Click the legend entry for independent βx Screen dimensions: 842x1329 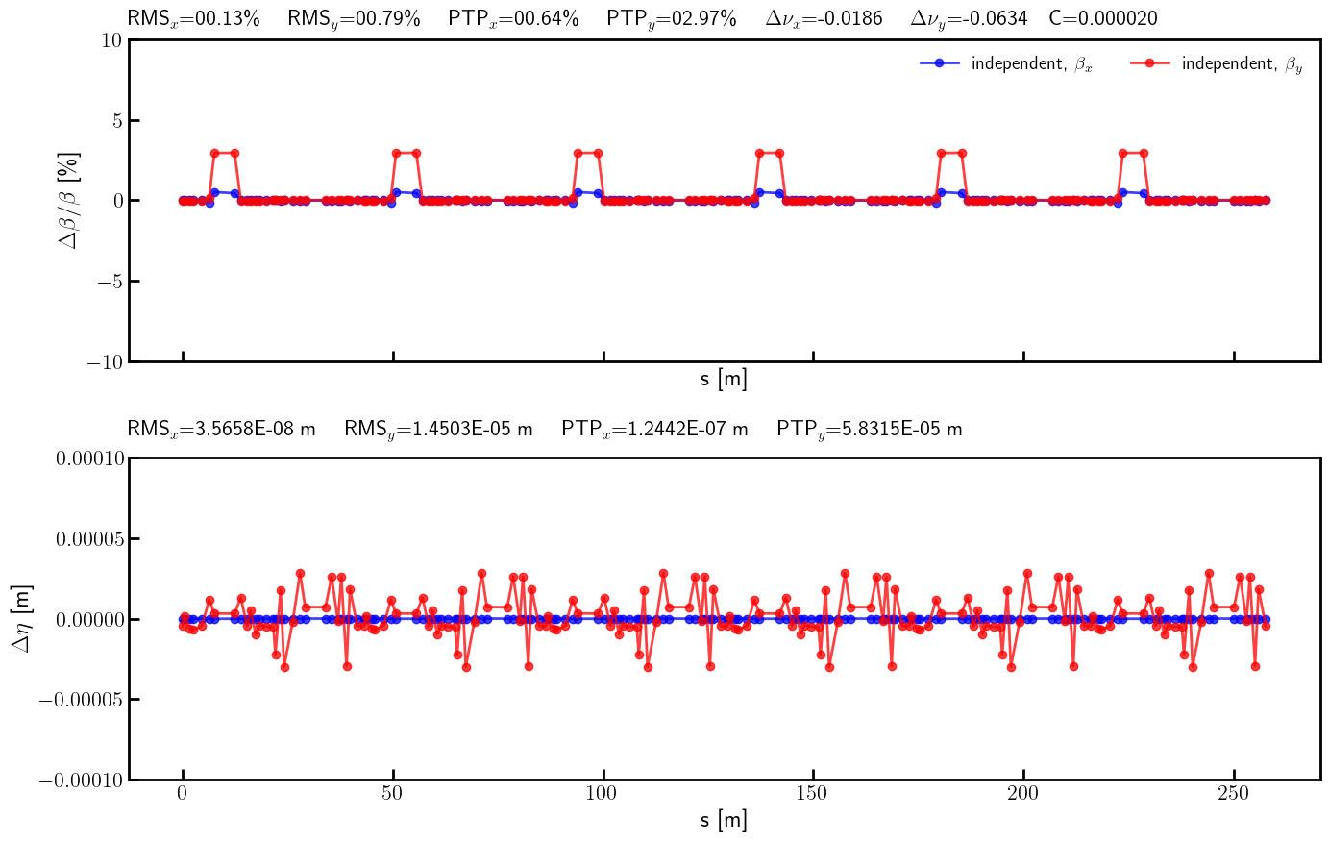1030,63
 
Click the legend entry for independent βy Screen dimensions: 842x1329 1241,63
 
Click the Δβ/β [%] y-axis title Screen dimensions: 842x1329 69,200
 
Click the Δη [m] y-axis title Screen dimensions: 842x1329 21,618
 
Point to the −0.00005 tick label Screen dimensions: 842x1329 82,700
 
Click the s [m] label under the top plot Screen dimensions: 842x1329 724,379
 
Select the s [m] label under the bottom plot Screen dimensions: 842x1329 724,820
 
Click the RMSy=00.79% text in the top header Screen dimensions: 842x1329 354,18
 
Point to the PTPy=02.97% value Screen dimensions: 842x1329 672,18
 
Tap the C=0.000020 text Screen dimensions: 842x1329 1103,18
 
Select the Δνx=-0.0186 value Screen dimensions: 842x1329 824,18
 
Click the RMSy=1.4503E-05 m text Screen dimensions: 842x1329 438,429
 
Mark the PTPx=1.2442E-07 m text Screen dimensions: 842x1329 654,429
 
